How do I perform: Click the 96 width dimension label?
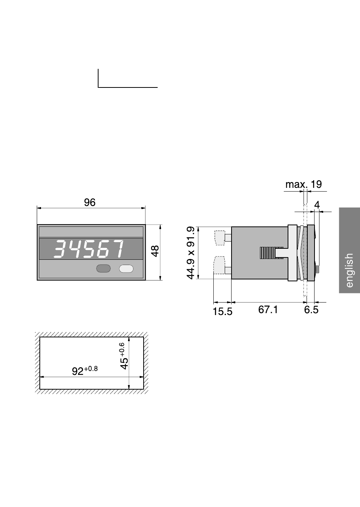[90, 202]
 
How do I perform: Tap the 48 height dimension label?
[155, 251]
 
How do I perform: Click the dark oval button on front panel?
[103, 268]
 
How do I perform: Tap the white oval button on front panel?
[126, 268]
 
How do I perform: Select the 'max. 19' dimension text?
[304, 184]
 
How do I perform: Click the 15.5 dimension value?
[223, 312]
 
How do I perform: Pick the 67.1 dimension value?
[268, 309]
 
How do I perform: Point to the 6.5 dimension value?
[311, 310]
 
